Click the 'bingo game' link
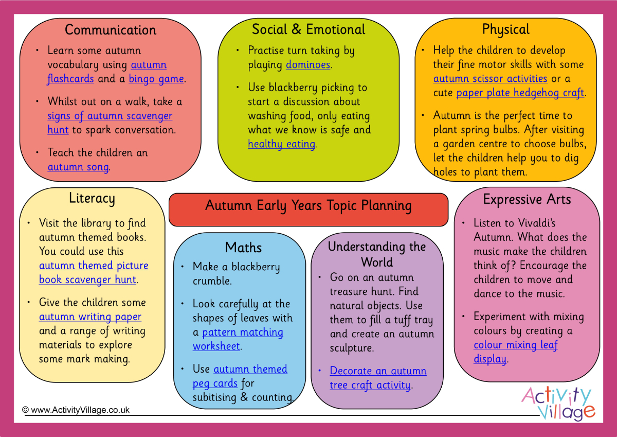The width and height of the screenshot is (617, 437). [156, 79]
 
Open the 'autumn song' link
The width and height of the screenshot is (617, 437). [78, 167]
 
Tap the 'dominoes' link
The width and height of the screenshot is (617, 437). [308, 65]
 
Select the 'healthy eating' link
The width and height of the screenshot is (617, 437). [281, 144]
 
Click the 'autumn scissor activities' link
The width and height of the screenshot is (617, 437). [490, 79]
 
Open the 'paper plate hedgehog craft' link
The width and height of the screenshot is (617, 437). [520, 93]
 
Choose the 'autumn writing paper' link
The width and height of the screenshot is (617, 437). [90, 317]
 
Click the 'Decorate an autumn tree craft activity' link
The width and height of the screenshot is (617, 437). [378, 378]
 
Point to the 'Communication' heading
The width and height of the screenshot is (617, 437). [111, 30]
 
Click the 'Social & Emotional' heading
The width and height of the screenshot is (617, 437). [308, 29]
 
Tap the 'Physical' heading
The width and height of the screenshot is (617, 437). [505, 29]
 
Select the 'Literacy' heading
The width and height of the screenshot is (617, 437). [92, 198]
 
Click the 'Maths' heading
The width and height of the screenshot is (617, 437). [244, 248]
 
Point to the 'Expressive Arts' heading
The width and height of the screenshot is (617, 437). [527, 199]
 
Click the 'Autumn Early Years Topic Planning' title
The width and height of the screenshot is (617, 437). [308, 206]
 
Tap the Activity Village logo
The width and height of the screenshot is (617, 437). [558, 403]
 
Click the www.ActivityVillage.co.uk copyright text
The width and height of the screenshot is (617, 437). [76, 410]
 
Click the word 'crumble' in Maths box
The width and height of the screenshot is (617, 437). [211, 281]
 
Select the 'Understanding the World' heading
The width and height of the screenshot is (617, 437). [377, 254]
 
